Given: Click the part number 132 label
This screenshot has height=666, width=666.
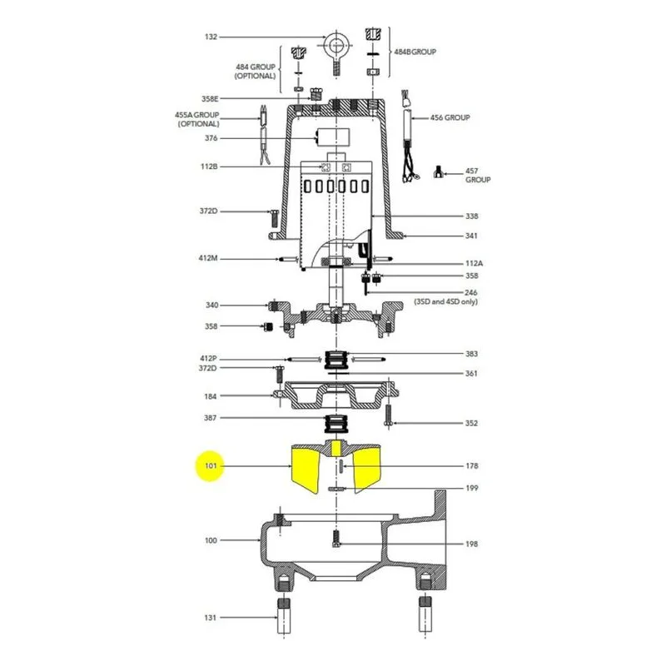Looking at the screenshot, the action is pos(211,37).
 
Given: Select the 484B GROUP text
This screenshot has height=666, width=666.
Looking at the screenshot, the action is pos(415,52).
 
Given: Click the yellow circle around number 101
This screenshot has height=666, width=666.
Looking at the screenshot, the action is pos(210,466).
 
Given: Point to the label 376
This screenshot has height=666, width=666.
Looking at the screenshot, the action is pos(211,138).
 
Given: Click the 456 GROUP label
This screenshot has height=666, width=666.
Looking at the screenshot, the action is pos(450,117).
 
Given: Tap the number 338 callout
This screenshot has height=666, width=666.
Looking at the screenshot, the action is pos(471,216).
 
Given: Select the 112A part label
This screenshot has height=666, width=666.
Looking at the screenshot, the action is pos(474,263).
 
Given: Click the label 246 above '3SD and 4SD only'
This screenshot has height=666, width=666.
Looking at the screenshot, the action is pos(470,293).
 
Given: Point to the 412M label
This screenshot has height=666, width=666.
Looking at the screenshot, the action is pos(208,258).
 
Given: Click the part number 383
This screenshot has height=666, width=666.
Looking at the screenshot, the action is pos(471,354).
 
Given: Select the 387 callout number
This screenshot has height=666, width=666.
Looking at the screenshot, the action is pos(211,418).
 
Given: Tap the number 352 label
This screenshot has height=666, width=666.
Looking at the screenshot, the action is pos(471,423).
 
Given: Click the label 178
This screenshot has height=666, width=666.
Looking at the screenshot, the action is pos(471,466).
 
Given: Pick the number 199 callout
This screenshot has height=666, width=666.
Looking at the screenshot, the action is pos(471,488).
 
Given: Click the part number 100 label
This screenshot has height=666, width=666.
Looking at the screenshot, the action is pos(211,540).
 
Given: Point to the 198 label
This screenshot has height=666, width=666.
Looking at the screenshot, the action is pos(471,544).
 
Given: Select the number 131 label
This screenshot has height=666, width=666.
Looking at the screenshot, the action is pos(211,618).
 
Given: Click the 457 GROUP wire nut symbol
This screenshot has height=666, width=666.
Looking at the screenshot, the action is pos(439,172).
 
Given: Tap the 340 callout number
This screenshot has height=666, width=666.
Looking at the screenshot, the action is pos(211,305).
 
